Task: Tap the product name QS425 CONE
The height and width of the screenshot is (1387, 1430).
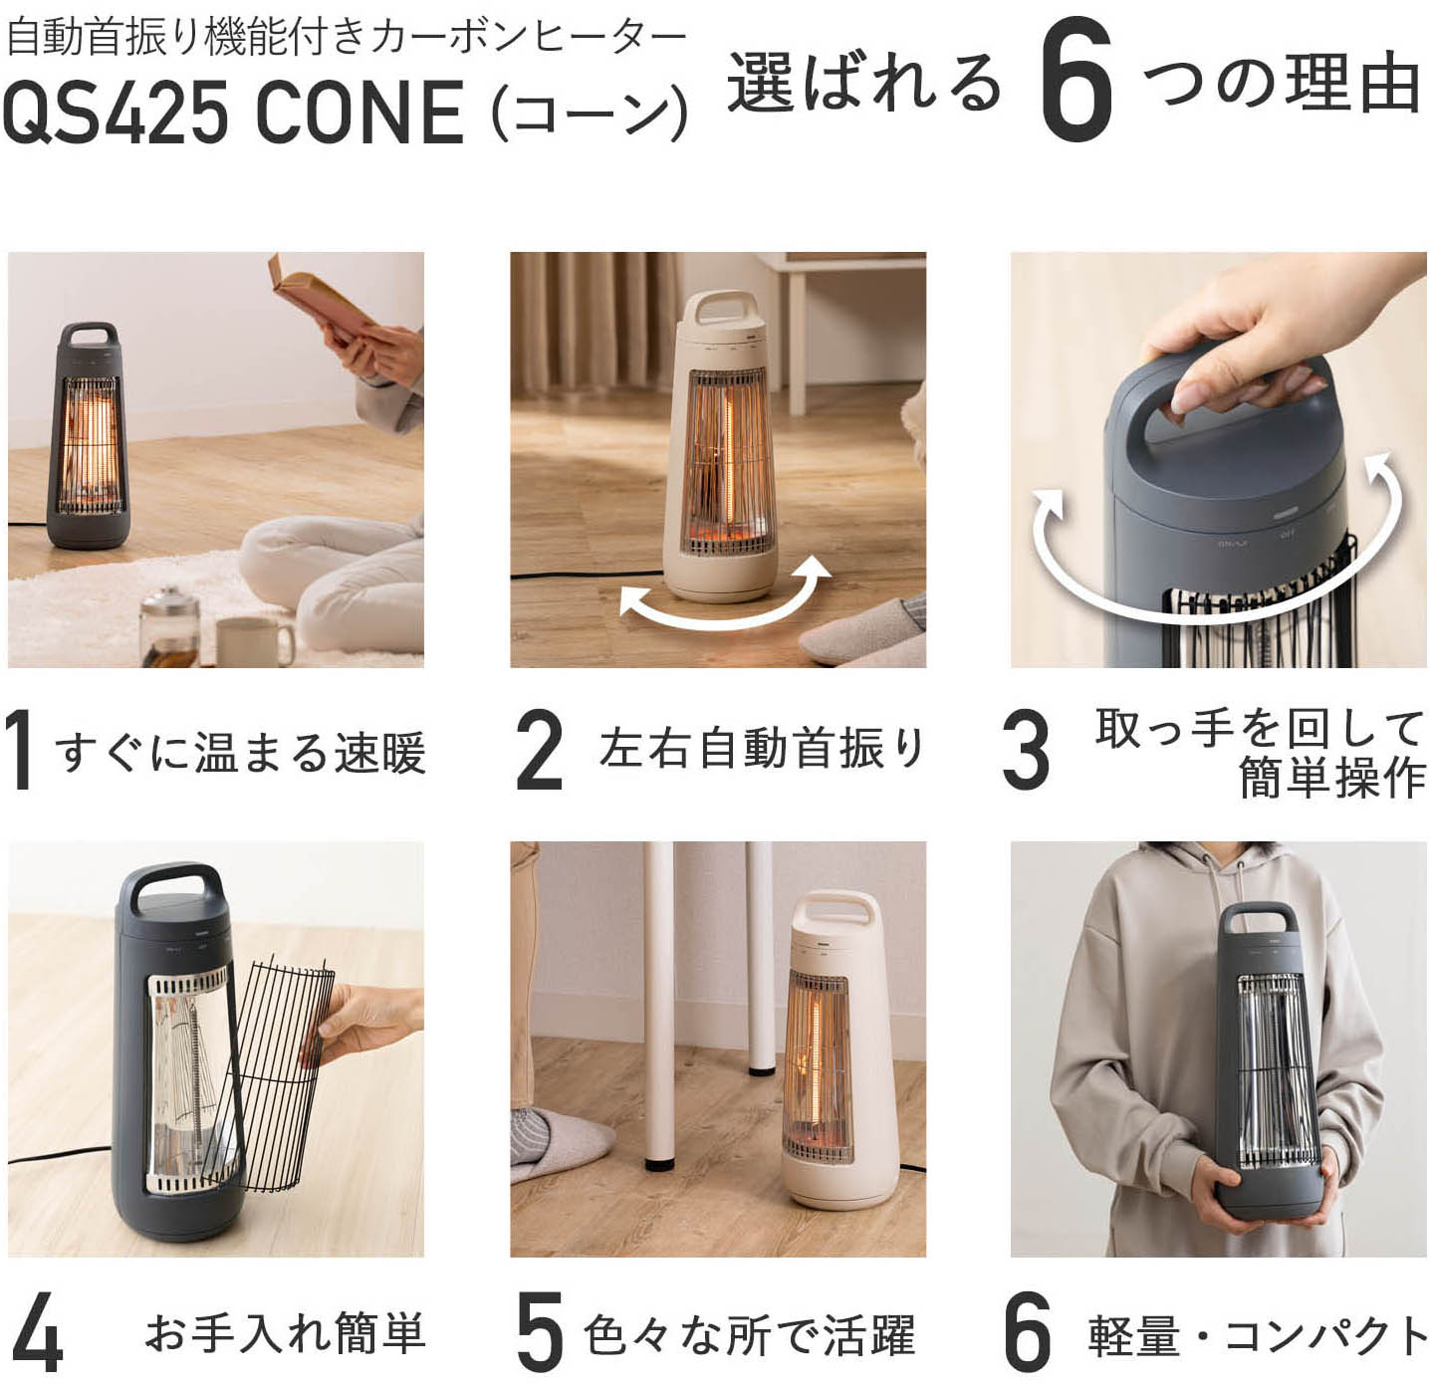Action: coord(233,112)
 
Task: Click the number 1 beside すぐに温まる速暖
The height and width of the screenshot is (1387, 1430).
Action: coord(20,751)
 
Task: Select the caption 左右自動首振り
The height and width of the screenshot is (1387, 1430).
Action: coord(762,749)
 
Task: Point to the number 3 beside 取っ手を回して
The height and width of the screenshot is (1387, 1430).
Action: coord(1025,751)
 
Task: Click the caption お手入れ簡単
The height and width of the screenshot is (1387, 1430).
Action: coord(285,1333)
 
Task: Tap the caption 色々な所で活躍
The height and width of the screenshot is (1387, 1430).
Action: coord(749,1335)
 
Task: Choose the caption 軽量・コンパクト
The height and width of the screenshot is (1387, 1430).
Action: coord(1258,1335)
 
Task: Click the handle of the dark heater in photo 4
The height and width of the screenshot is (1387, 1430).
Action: coord(170,882)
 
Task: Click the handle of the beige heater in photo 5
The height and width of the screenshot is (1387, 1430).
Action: coord(833,912)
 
